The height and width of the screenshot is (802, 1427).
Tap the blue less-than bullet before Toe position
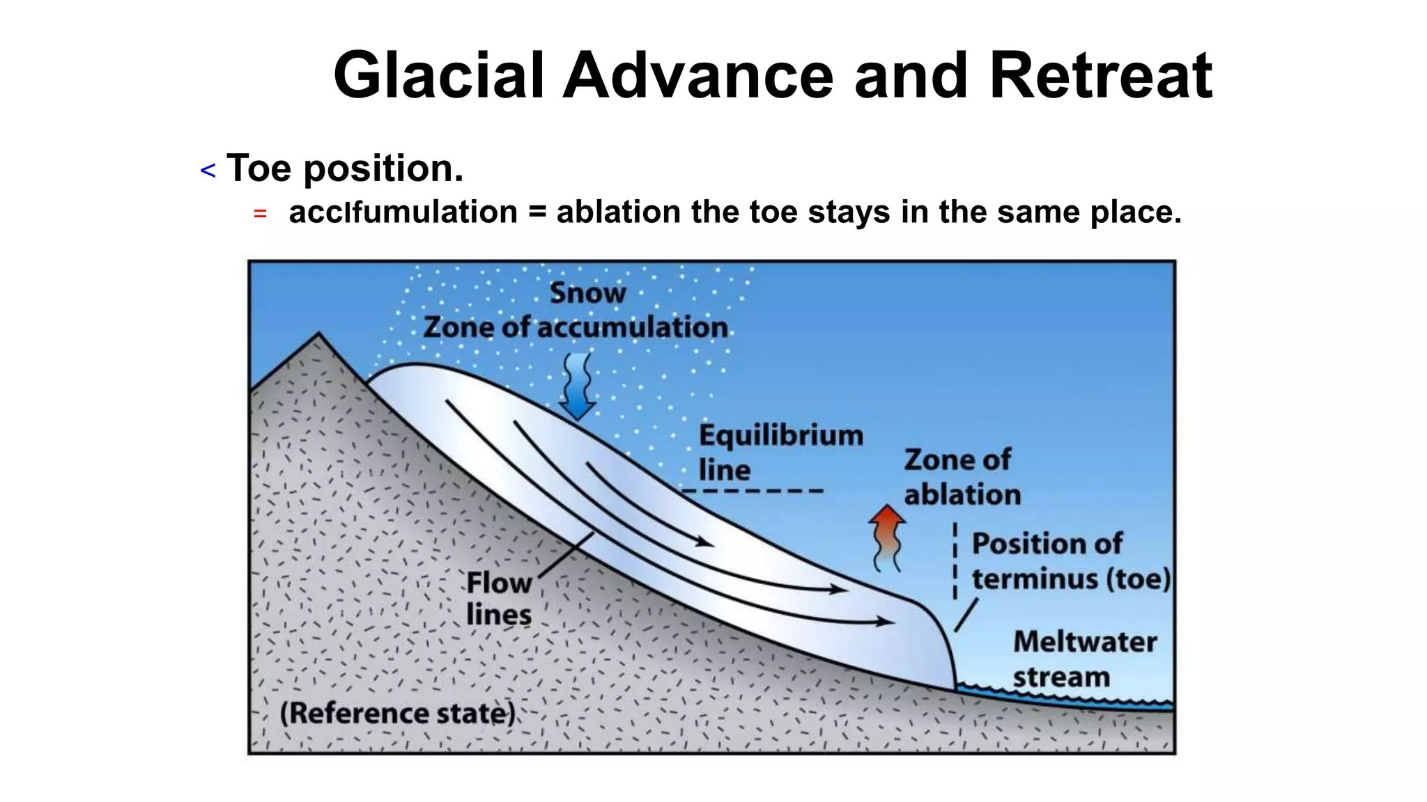coord(208,171)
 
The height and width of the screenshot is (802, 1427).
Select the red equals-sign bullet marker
coord(260,214)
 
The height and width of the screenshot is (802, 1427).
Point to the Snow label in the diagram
coord(587,293)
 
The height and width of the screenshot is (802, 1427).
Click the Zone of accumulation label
coord(576,327)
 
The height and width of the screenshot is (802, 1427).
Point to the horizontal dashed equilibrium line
coord(753,491)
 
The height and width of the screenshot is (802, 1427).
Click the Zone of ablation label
coord(962,478)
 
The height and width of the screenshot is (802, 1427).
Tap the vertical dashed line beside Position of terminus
coord(955,561)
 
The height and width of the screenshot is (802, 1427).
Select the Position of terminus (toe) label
coord(1070,561)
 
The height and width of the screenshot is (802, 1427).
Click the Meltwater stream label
coord(1084,659)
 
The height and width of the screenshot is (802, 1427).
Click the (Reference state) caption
coord(398,714)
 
